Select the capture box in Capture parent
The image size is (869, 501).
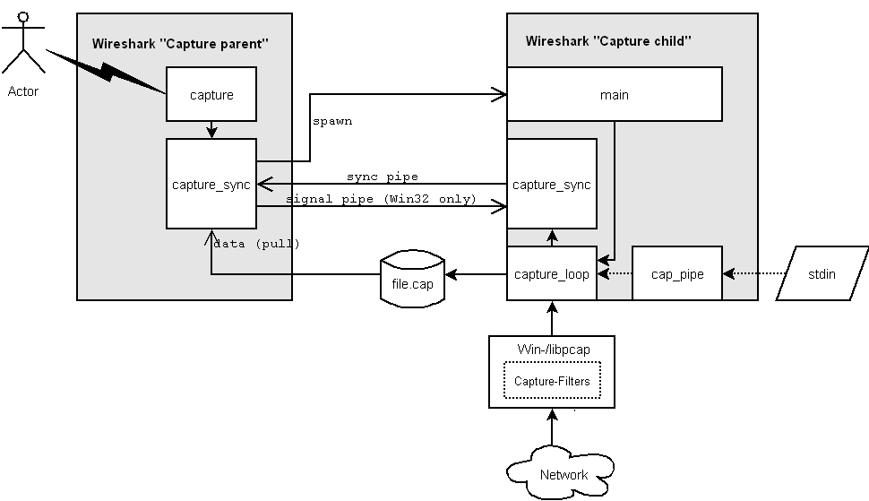pyautogui.click(x=211, y=94)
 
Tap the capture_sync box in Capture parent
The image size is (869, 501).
pyautogui.click(x=211, y=184)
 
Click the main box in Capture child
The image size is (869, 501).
pyautogui.click(x=614, y=94)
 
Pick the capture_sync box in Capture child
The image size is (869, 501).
pyautogui.click(x=552, y=184)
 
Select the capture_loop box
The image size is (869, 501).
pyautogui.click(x=552, y=273)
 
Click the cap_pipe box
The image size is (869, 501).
pyautogui.click(x=677, y=273)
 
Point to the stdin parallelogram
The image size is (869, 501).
pyautogui.click(x=822, y=273)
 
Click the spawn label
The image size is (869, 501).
pyautogui.click(x=331, y=121)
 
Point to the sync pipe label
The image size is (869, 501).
pyautogui.click(x=383, y=177)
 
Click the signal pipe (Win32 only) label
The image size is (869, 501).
pyautogui.click(x=381, y=199)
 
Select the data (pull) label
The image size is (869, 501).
pyautogui.click(x=258, y=243)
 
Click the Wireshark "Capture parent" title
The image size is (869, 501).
pyautogui.click(x=180, y=43)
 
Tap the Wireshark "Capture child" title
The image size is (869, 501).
pyautogui.click(x=608, y=41)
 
